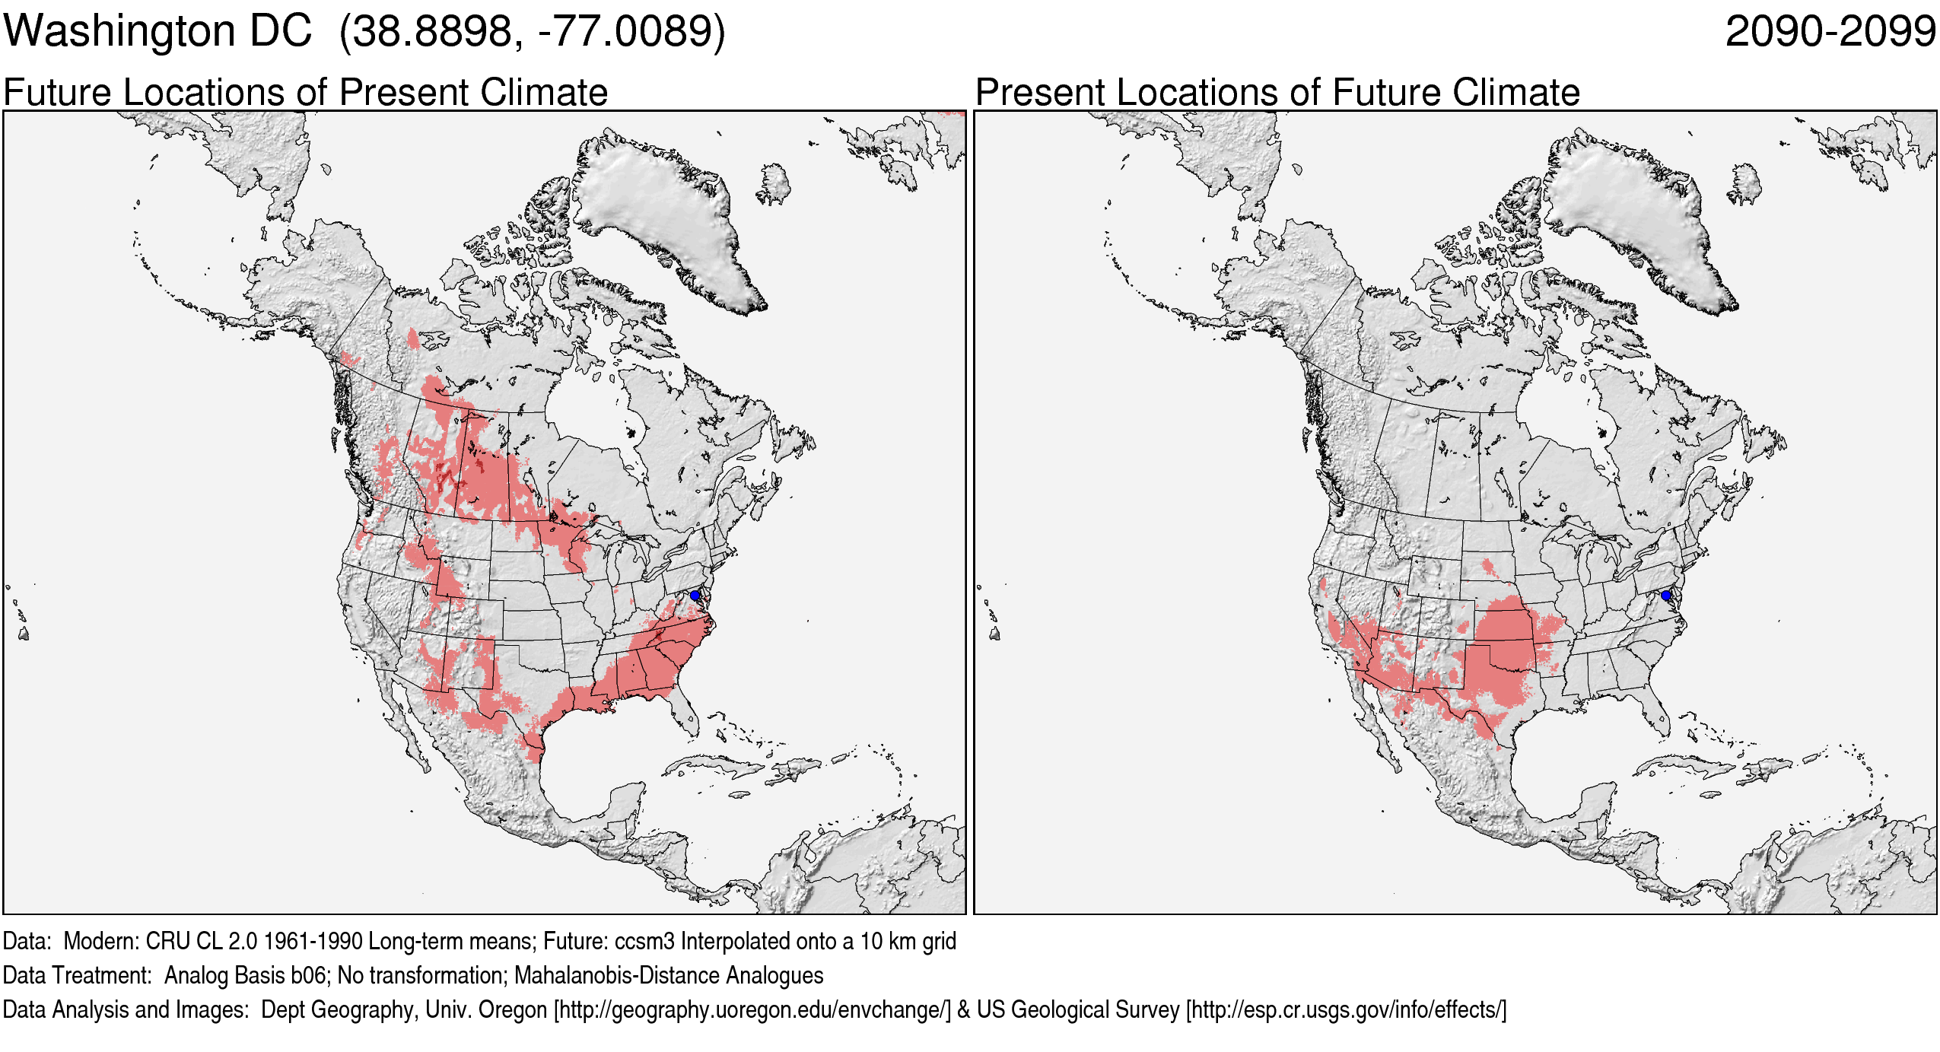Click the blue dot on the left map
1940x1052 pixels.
[x=695, y=596]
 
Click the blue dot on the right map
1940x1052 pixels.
[x=1665, y=596]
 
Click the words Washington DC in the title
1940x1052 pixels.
[x=157, y=31]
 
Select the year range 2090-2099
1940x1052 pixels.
[x=1830, y=31]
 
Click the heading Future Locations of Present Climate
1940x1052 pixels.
[x=305, y=92]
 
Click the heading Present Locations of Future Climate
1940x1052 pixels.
[x=1277, y=92]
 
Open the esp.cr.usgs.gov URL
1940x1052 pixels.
[x=1346, y=1009]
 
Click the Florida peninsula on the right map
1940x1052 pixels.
[x=1659, y=707]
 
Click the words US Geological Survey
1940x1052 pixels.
[x=1078, y=1009]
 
